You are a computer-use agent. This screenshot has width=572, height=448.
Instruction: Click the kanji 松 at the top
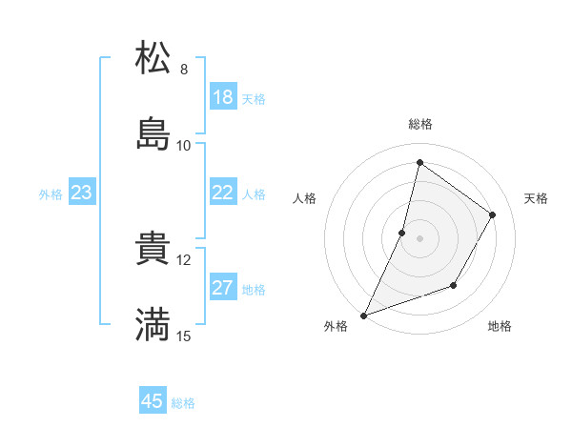click(153, 58)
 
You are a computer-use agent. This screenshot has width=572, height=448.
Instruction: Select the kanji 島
click(153, 134)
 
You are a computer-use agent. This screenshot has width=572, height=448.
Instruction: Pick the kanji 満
click(153, 325)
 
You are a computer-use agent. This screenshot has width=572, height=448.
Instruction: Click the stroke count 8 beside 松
click(184, 70)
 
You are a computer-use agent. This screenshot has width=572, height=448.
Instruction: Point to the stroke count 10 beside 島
click(184, 146)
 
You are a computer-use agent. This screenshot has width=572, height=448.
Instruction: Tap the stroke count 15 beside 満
click(184, 336)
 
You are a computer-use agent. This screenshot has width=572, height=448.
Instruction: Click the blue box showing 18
click(223, 97)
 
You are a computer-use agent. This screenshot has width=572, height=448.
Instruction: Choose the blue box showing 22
click(223, 193)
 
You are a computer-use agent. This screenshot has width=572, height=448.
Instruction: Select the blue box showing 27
click(223, 288)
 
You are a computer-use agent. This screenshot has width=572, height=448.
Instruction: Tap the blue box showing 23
click(82, 193)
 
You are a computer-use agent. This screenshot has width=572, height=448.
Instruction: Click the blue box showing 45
click(153, 401)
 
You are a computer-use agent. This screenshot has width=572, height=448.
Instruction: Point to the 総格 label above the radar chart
click(420, 125)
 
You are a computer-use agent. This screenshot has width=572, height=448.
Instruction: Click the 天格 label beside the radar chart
click(537, 198)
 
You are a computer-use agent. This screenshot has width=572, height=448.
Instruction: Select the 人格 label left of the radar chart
click(304, 198)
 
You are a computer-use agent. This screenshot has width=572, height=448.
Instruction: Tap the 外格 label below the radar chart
click(336, 327)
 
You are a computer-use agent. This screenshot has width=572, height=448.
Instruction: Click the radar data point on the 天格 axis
click(493, 215)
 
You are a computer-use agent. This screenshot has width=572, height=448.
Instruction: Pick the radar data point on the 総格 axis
click(419, 162)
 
